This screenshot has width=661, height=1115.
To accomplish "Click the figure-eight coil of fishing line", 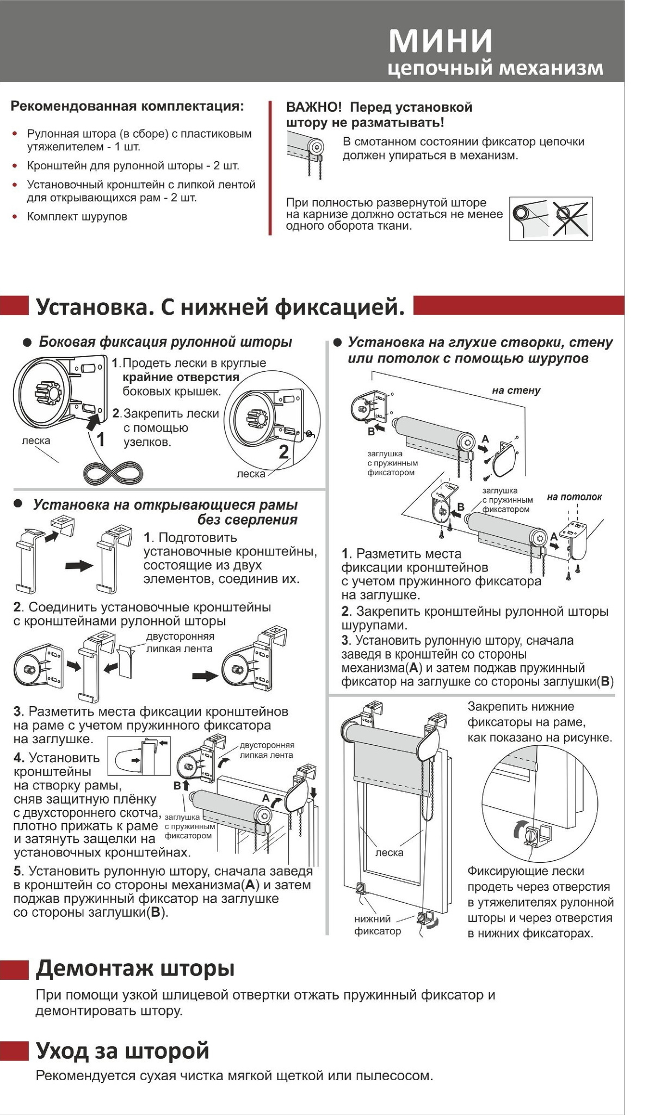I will click(114, 471).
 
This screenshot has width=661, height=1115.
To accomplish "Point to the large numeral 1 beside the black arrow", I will click(101, 439).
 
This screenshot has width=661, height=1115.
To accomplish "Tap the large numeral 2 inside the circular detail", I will click(283, 451).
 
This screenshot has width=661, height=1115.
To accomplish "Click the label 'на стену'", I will click(516, 390).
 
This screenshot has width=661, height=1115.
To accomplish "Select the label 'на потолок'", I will click(574, 497).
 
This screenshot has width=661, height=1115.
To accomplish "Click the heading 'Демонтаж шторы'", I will click(135, 969).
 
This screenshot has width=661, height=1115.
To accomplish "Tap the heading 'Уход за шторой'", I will click(122, 1050).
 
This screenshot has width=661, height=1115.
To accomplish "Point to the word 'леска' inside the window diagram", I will click(390, 853).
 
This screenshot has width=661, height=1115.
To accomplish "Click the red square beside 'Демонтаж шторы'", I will click(14, 970).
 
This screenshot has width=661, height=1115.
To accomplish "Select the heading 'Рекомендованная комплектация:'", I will click(127, 106).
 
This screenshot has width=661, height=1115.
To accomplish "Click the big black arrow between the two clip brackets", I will click(79, 566).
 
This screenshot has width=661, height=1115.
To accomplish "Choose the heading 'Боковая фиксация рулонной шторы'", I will click(165, 342).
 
